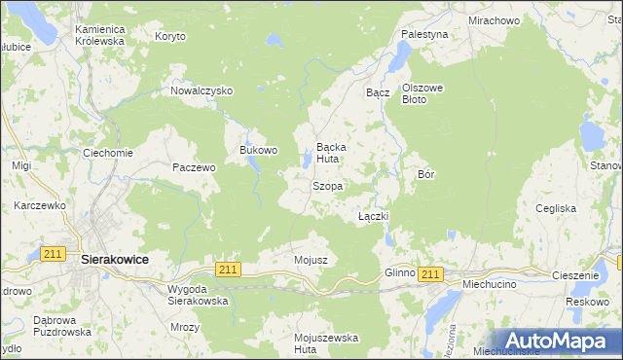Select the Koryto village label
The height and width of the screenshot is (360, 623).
click(x=170, y=36)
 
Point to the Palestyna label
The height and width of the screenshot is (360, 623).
click(x=424, y=34)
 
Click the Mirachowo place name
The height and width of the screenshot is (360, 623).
click(x=493, y=19)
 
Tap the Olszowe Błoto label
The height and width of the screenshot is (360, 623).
click(x=422, y=93)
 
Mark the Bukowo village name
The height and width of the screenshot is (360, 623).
click(x=259, y=151)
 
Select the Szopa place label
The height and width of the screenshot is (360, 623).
click(x=326, y=186)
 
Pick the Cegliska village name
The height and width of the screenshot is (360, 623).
click(x=556, y=208)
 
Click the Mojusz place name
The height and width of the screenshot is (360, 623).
click(x=310, y=260)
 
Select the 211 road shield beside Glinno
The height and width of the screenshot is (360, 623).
click(x=430, y=275)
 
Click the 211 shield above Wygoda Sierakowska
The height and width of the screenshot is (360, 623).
click(x=228, y=269)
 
